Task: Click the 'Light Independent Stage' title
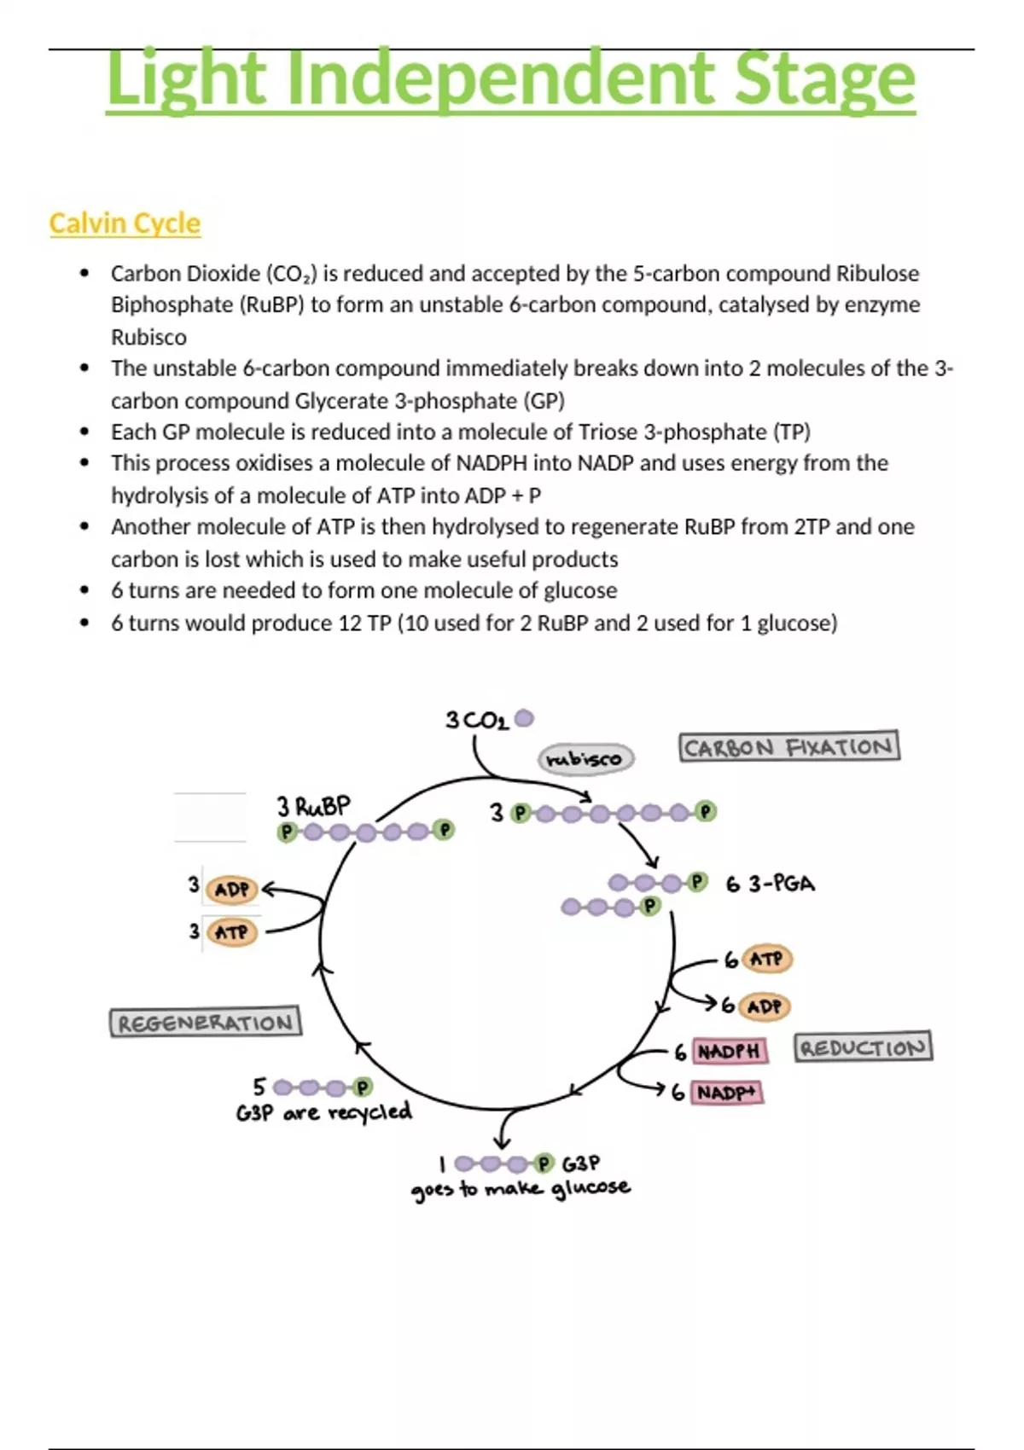pyautogui.click(x=510, y=78)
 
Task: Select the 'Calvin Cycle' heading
pyautogui.click(x=125, y=223)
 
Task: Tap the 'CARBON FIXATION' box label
pyautogui.click(x=788, y=747)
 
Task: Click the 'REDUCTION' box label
pyautogui.click(x=863, y=1047)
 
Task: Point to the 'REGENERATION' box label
pyautogui.click(x=205, y=1022)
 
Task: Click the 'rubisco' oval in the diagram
pyautogui.click(x=585, y=758)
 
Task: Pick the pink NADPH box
pyautogui.click(x=729, y=1051)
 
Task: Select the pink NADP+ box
pyautogui.click(x=727, y=1093)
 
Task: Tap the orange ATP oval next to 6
pyautogui.click(x=766, y=960)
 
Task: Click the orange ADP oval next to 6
pyautogui.click(x=764, y=1006)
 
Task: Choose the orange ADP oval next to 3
pyautogui.click(x=231, y=890)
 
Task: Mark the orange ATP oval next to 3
pyautogui.click(x=231, y=932)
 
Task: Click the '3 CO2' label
pyautogui.click(x=476, y=721)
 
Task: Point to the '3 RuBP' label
pyautogui.click(x=313, y=806)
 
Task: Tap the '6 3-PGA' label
pyautogui.click(x=770, y=884)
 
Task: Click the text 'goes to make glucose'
pyautogui.click(x=521, y=1189)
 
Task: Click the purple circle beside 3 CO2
pyautogui.click(x=524, y=719)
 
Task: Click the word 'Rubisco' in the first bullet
pyautogui.click(x=148, y=337)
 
